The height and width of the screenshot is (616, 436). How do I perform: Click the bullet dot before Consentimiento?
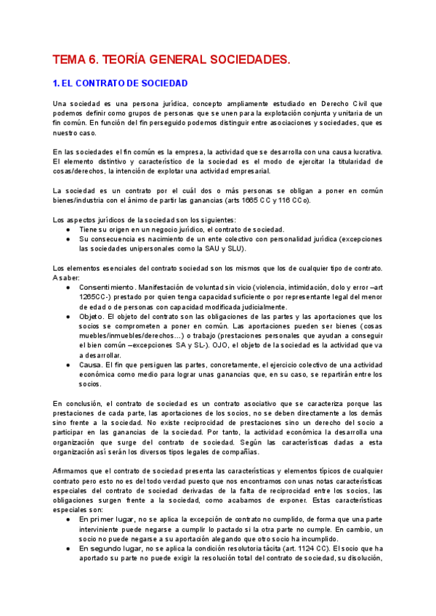68,288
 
